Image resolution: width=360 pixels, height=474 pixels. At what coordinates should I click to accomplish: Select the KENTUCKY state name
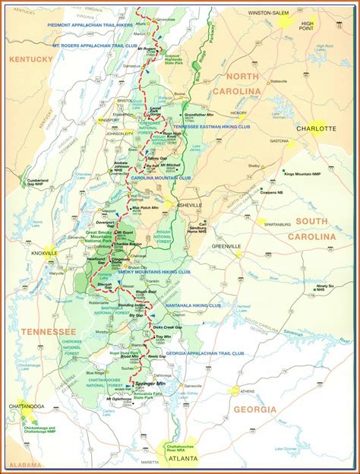pos(31,58)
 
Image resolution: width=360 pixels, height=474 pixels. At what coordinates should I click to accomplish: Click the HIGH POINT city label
pos(306,27)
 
